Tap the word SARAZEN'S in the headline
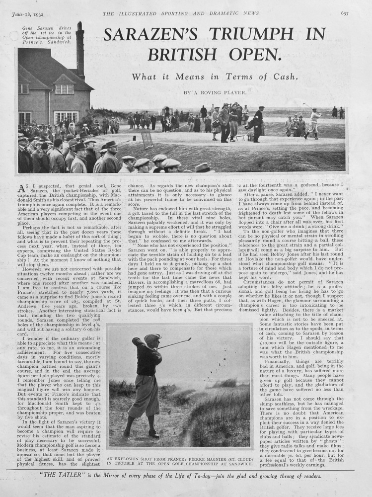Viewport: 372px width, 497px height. [152, 35]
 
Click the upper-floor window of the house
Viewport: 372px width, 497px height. [64, 89]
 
